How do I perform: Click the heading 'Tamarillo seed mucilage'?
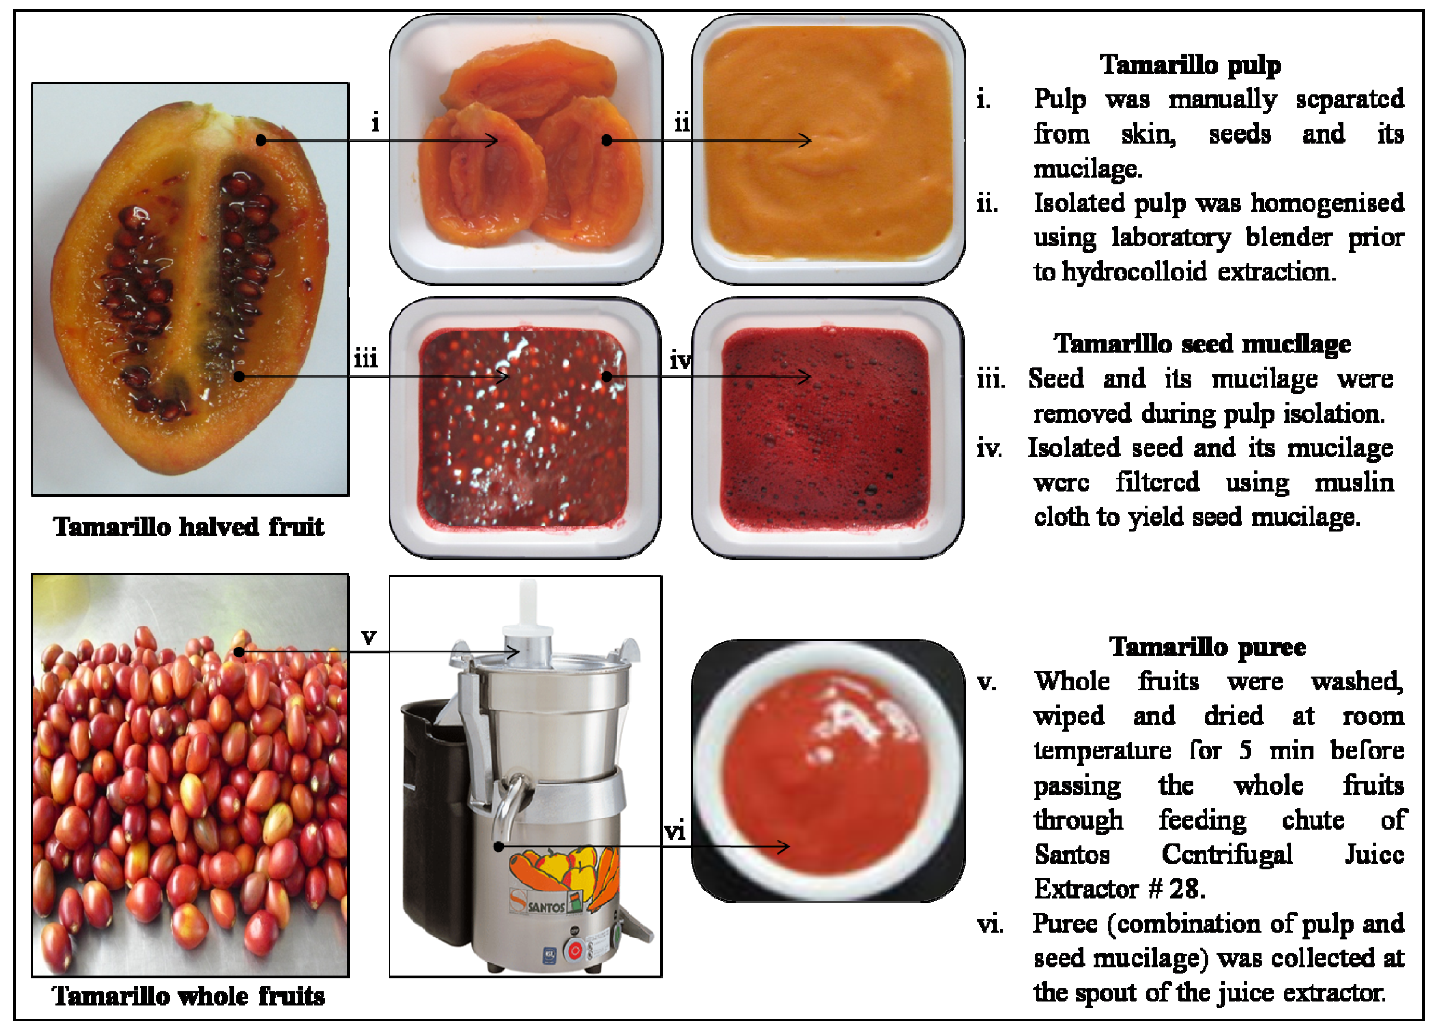click(1202, 344)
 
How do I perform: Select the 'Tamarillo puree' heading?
click(1208, 647)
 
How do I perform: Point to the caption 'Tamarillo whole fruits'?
click(188, 995)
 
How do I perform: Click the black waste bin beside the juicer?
click(435, 821)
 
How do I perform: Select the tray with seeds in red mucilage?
click(525, 428)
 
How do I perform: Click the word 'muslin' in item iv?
click(1354, 482)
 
